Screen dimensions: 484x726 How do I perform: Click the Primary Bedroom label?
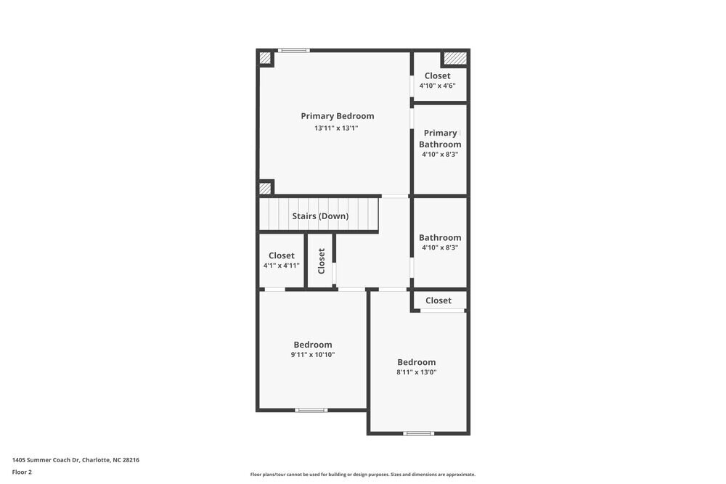[x=338, y=116]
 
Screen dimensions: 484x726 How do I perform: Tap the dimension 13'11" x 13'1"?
[x=336, y=128]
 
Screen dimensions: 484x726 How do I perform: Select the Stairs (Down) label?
[x=320, y=216]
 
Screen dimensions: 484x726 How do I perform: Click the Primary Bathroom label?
[x=440, y=139]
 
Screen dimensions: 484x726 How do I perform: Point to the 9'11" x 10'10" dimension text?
[x=313, y=355]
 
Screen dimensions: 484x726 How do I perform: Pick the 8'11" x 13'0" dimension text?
[x=416, y=372]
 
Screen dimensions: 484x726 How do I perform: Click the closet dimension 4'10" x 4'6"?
[x=437, y=86]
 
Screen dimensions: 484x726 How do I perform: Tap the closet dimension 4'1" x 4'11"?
[x=281, y=266]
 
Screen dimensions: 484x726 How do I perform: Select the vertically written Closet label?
[x=322, y=261]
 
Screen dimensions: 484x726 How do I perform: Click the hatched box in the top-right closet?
[x=454, y=57]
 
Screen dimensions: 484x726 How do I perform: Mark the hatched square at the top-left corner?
[x=265, y=58]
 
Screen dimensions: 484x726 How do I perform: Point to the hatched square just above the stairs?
[x=265, y=188]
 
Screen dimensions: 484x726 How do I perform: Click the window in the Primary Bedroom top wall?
[x=294, y=50]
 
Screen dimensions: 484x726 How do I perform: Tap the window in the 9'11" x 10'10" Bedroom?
[x=311, y=410]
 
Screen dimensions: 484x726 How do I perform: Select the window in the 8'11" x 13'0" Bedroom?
[x=418, y=433]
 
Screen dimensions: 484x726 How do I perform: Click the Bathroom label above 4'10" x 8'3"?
[x=440, y=237]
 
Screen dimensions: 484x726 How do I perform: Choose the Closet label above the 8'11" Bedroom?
[x=439, y=300]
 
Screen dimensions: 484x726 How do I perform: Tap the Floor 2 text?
[x=22, y=472]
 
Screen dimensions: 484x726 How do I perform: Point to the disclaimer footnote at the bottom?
[x=363, y=474]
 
